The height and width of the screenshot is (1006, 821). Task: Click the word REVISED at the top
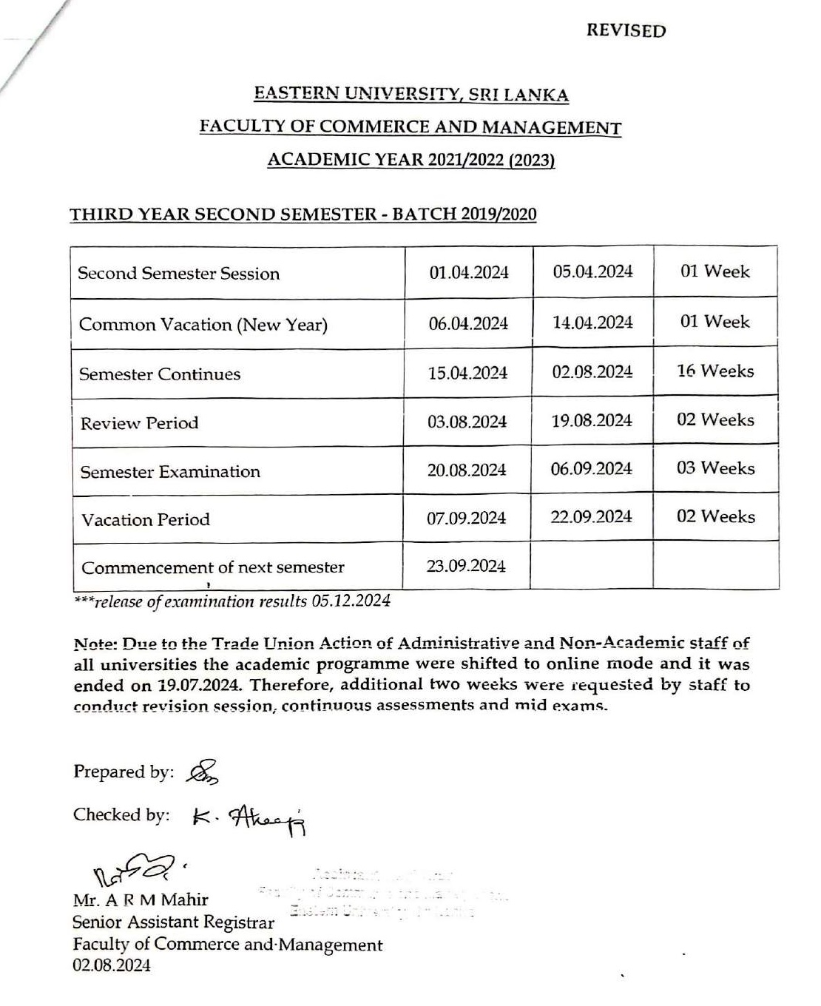[626, 31]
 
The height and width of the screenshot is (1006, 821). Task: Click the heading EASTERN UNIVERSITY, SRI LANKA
[411, 94]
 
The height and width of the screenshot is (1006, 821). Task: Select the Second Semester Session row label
[179, 274]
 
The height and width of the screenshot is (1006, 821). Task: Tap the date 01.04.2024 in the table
[469, 273]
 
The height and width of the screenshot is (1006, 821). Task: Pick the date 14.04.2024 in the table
[592, 323]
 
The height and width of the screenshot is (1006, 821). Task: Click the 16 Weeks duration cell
[715, 371]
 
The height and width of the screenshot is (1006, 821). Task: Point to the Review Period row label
[140, 424]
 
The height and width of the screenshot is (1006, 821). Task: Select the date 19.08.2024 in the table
[592, 421]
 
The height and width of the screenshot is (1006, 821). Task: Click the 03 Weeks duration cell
[715, 468]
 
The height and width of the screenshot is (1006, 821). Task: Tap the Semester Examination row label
[170, 472]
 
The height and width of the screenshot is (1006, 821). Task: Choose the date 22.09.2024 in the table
[591, 516]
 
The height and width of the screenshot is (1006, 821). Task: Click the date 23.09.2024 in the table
[466, 566]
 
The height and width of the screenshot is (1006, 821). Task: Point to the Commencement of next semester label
[213, 567]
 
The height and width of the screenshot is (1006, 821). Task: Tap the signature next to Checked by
[249, 817]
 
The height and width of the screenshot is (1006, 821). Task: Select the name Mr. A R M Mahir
[141, 900]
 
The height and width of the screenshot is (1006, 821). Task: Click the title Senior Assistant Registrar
[173, 922]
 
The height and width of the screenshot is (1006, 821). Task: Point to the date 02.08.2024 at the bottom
[112, 965]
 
